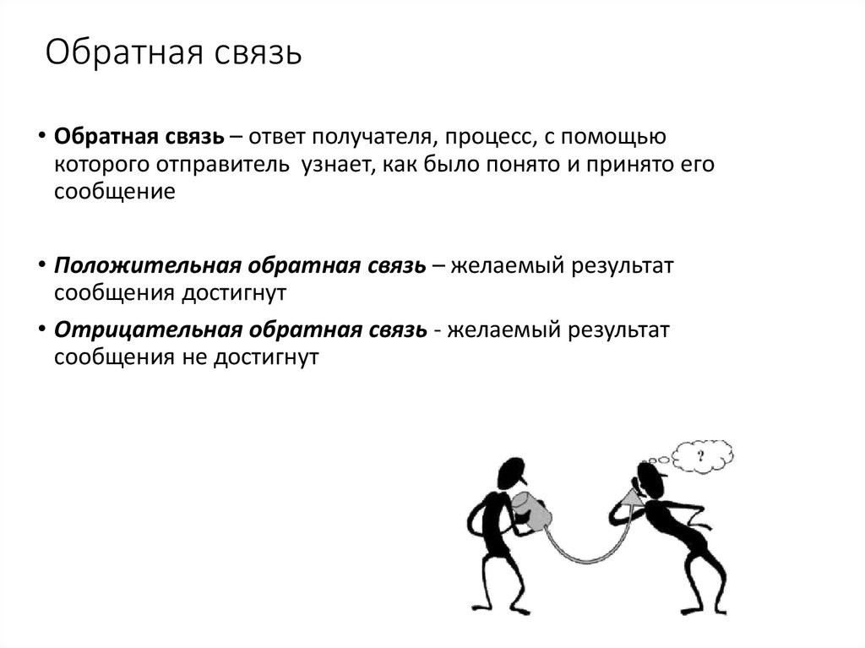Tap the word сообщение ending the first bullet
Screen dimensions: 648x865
coord(115,191)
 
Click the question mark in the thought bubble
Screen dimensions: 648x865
coord(700,456)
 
